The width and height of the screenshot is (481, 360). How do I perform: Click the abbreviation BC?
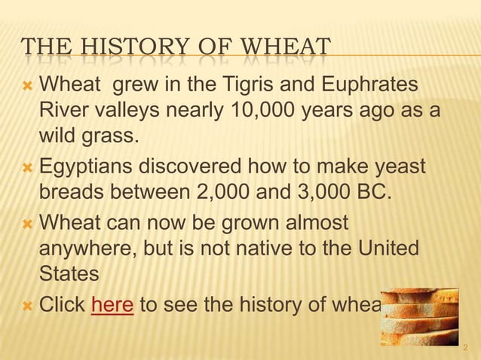[372, 192]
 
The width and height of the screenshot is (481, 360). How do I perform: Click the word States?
[69, 274]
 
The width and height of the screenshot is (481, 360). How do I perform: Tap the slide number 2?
[466, 348]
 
